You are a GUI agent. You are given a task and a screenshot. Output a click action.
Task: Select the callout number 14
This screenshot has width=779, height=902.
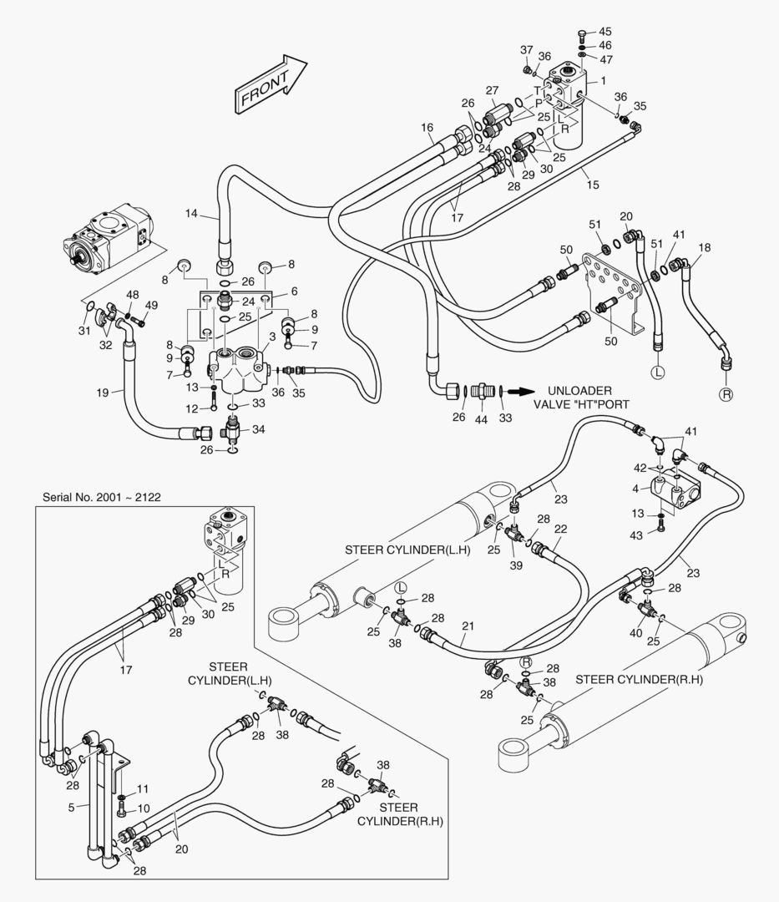click(x=191, y=214)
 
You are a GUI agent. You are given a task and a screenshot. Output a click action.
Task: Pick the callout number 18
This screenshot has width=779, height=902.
click(x=705, y=248)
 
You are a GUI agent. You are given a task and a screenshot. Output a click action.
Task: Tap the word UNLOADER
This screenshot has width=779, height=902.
click(x=580, y=391)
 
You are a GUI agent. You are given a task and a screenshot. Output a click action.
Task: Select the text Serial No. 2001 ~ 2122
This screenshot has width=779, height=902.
click(x=101, y=497)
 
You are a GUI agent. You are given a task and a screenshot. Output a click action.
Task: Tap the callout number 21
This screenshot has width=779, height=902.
click(x=468, y=626)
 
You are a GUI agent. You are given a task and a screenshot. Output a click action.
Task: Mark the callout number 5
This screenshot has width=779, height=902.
click(x=71, y=808)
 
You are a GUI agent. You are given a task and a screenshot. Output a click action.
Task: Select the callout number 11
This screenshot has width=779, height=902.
click(x=143, y=788)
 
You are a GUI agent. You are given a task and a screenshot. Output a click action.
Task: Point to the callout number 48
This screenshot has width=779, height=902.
click(x=133, y=295)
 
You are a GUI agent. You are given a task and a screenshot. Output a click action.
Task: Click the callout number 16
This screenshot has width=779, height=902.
click(x=427, y=128)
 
